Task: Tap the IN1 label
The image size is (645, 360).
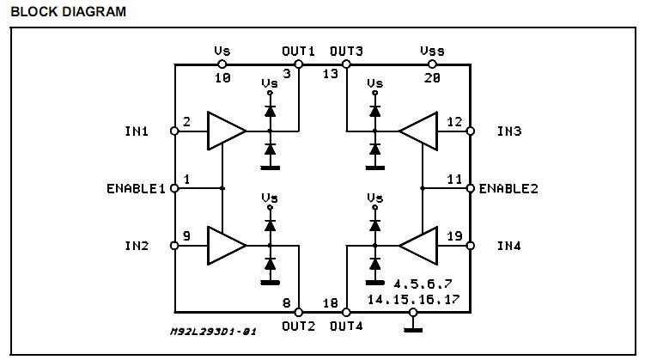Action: (136, 131)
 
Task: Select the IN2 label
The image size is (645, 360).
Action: (136, 246)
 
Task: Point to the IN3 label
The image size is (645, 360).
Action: (509, 131)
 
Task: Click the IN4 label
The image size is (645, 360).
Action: (509, 246)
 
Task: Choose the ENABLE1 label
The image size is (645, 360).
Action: (136, 188)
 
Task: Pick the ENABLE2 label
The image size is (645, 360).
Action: (508, 188)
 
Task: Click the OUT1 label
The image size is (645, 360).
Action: (298, 52)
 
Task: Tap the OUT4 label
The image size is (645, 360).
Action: (346, 326)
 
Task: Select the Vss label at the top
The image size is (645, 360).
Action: (432, 52)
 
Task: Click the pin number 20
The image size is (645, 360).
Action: (432, 77)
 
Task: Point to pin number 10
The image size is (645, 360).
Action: (222, 77)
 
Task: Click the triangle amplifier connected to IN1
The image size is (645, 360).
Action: (225, 131)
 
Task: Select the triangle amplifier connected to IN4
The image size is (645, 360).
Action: (418, 246)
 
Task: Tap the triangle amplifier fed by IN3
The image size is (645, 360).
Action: (418, 131)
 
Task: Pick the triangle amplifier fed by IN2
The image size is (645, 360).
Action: (225, 246)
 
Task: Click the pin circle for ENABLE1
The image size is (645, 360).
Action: (174, 187)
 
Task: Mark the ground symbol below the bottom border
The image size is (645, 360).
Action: (413, 326)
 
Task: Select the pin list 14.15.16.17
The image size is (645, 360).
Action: (413, 299)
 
